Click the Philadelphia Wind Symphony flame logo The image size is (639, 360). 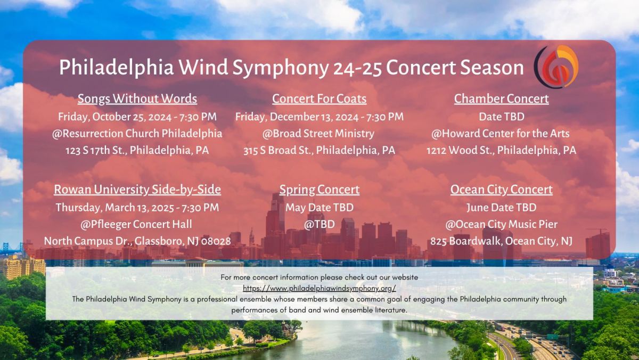click(556, 67)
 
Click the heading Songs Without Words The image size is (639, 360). click(137, 99)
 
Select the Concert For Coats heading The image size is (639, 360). click(319, 99)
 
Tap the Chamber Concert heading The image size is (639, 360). click(501, 99)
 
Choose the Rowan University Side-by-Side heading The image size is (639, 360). click(137, 190)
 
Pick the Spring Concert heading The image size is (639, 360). click(319, 190)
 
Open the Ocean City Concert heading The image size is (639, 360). click(501, 190)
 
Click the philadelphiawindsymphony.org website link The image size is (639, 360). click(319, 289)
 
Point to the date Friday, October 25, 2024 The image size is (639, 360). click(115, 117)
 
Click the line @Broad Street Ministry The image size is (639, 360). click(318, 134)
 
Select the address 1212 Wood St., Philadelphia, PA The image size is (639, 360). click(501, 150)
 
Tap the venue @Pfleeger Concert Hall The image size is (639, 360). click(136, 224)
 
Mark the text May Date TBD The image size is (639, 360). click(319, 207)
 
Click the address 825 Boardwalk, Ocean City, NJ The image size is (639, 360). click(501, 241)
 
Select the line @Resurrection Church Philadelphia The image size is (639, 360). click(137, 134)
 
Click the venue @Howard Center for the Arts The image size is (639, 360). click(501, 134)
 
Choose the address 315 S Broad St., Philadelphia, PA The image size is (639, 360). click(319, 150)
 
